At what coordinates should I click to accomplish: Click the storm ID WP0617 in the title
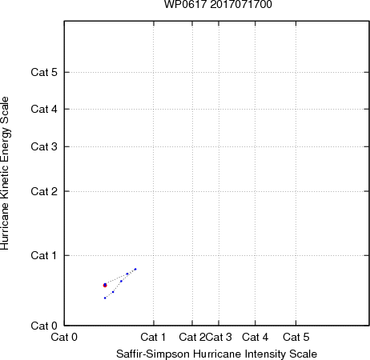click(x=186, y=4)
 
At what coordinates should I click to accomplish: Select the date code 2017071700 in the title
click(x=241, y=4)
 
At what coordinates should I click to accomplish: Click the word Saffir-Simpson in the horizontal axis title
click(x=153, y=354)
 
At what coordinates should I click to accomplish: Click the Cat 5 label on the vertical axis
click(x=44, y=72)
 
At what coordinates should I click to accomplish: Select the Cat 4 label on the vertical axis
click(x=44, y=109)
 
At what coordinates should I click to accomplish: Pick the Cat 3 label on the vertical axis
click(x=44, y=146)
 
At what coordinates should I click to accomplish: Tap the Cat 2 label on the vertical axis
click(x=44, y=191)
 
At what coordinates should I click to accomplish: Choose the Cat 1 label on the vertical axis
click(x=44, y=255)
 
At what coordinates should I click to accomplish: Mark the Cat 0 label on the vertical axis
click(x=44, y=326)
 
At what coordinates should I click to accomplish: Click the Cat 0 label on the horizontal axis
click(x=64, y=337)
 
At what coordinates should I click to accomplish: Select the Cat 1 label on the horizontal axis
click(x=153, y=337)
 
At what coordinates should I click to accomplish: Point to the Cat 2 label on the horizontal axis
click(x=192, y=337)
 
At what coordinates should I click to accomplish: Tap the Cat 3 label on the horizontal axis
click(x=219, y=337)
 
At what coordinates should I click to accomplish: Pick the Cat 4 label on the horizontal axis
click(x=255, y=337)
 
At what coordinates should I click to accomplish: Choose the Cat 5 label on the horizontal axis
click(x=296, y=337)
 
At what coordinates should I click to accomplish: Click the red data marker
click(x=105, y=286)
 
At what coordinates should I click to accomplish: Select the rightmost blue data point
click(x=135, y=269)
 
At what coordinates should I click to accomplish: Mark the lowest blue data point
click(x=105, y=298)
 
